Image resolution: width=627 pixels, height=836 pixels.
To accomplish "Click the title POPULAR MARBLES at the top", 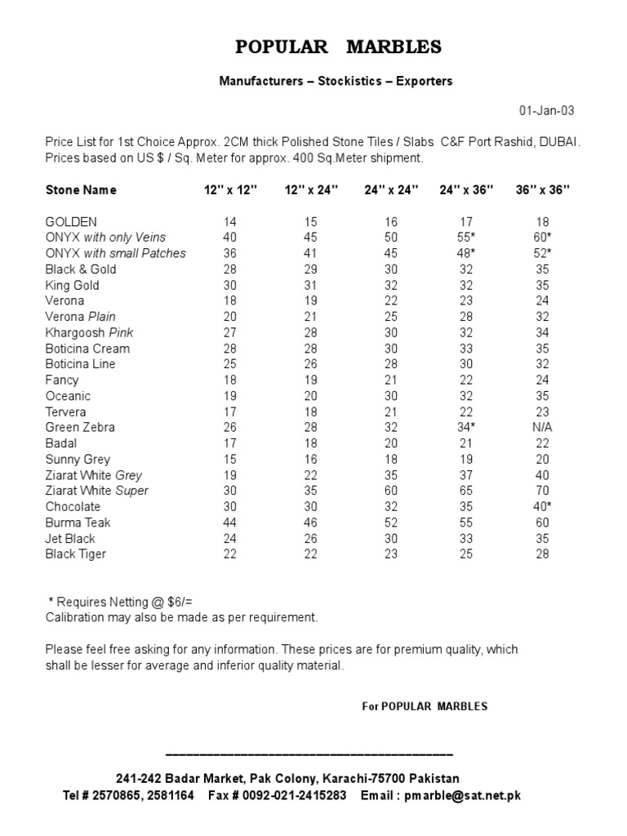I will point(338,47).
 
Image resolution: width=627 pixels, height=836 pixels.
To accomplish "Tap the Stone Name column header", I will point(81,190).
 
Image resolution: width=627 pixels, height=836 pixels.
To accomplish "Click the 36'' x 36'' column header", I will point(543,190).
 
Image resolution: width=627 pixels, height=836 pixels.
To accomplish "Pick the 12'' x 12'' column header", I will point(230,190).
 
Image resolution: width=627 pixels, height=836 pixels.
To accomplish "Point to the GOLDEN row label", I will point(71,222).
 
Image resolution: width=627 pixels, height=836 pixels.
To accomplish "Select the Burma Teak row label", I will point(78,522).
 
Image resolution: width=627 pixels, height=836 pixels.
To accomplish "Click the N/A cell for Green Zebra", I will point(543,428).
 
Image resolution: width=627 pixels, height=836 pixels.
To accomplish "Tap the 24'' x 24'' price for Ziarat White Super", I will point(391,491).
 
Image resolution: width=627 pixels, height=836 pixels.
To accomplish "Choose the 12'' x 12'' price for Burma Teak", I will point(230,522).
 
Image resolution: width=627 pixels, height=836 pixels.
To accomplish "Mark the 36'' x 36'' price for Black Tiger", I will point(543,554).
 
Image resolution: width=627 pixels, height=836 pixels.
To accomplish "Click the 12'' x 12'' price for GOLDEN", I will point(230,222).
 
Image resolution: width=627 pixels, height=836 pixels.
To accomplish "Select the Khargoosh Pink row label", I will point(90,333).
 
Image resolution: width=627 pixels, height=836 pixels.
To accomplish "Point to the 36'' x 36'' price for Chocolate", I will point(543,507).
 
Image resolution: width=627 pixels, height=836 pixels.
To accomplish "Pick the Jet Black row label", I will point(70,539).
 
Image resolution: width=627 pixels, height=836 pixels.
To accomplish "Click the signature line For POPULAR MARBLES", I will point(425,706).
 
